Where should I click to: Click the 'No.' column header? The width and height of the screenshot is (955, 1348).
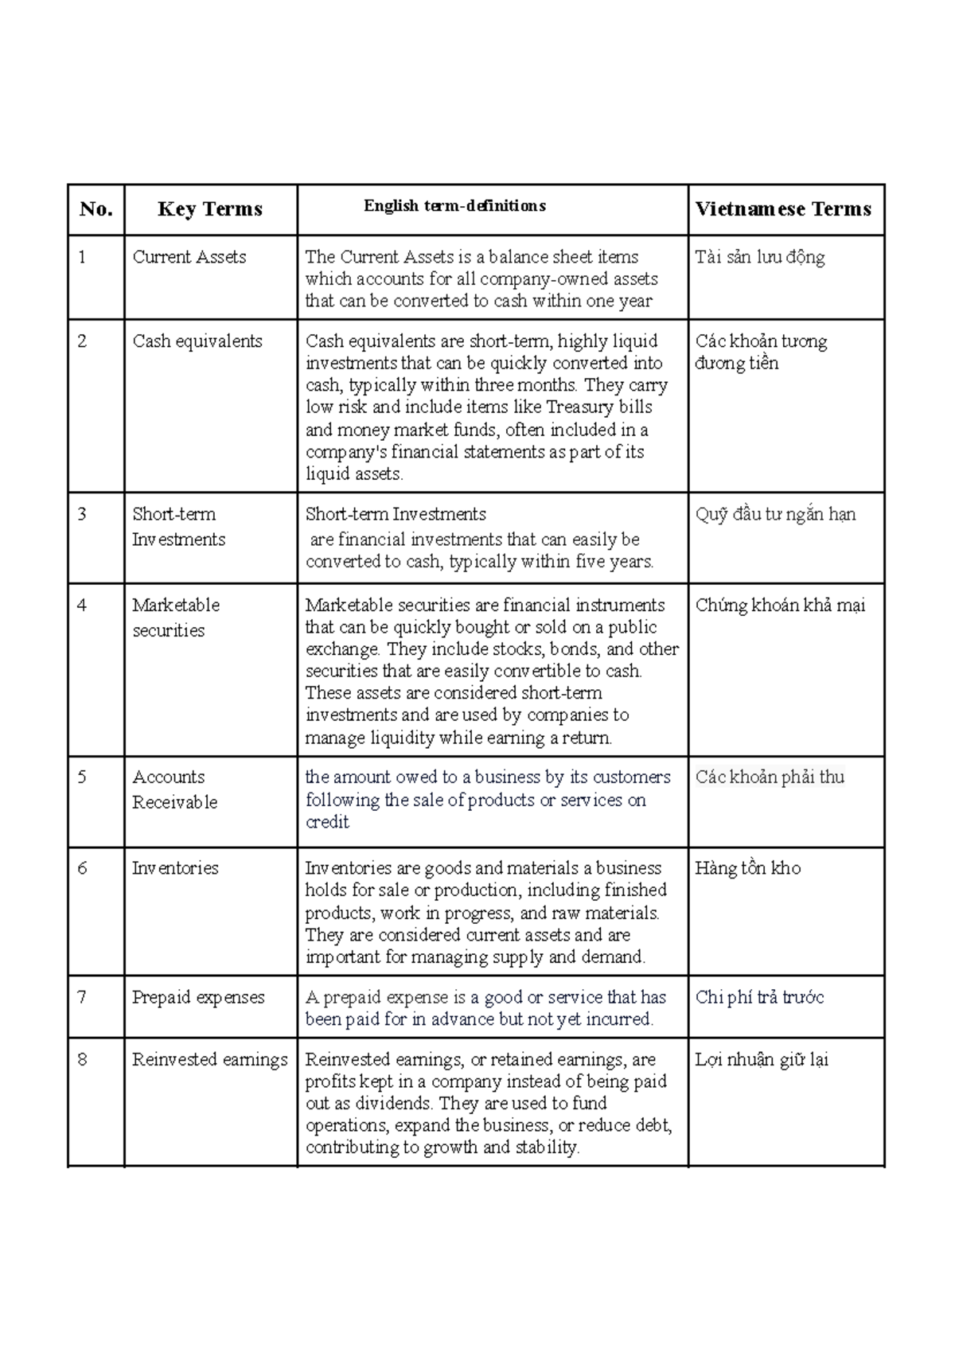pos(95,209)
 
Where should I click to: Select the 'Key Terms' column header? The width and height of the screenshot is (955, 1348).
pos(210,209)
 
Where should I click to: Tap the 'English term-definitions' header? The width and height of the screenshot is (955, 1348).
pos(454,206)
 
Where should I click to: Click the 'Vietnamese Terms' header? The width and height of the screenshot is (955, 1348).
pos(783,209)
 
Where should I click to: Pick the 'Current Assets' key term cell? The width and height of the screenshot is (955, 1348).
pos(189,257)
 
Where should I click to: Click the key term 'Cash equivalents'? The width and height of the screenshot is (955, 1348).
pos(197,341)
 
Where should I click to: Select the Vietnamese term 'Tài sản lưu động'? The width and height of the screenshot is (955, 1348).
pos(760,257)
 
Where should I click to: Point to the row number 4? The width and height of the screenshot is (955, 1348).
pos(82,606)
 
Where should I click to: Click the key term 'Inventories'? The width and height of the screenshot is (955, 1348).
pos(175,868)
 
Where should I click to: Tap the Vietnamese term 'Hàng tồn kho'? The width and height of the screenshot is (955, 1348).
pos(748,868)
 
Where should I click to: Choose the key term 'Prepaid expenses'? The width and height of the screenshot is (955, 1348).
pos(198,998)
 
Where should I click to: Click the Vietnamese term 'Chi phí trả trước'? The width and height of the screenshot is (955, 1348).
pos(760,998)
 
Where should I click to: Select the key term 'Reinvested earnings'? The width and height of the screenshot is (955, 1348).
pos(210,1060)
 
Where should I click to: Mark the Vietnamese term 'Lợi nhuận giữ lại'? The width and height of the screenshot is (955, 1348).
pos(762,1060)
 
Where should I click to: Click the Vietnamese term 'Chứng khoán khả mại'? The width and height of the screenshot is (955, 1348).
pos(780,606)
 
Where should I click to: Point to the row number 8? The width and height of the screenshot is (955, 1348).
pos(82,1060)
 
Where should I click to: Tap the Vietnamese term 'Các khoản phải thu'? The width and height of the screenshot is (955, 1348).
pos(770,777)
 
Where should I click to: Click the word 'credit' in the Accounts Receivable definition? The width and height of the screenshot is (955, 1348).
pos(327,822)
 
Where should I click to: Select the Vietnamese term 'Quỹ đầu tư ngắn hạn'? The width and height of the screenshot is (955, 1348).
pos(775,514)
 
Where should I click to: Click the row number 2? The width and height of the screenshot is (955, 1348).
pos(82,341)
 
